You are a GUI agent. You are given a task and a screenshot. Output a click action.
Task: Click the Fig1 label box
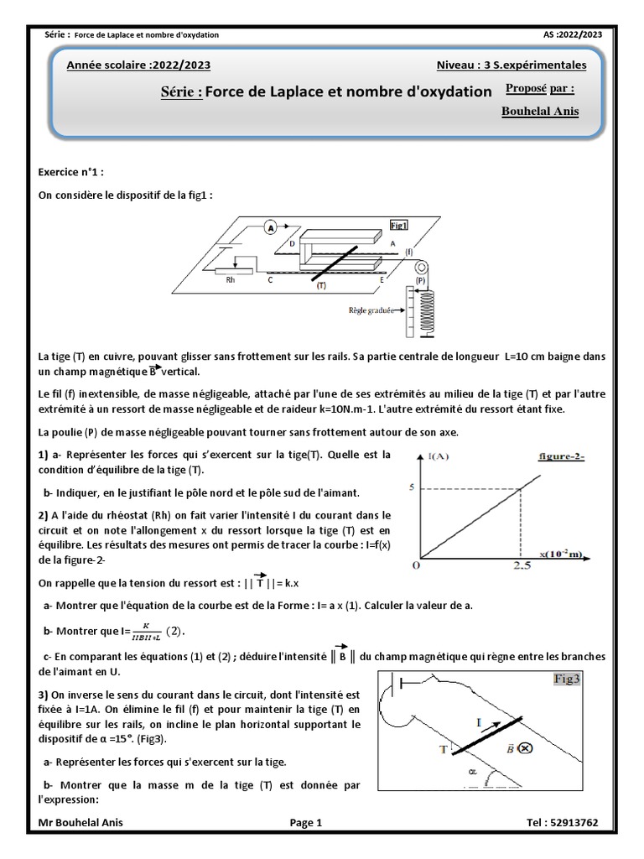click(399, 226)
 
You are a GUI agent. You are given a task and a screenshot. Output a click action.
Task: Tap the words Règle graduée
click(372, 309)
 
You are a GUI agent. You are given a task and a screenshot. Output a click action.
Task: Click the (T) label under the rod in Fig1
click(321, 285)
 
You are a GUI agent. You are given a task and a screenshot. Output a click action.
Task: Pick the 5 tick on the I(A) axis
click(412, 487)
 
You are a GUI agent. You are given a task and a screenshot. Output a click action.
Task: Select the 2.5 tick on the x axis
click(521, 567)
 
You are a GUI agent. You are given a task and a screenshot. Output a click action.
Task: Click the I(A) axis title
click(437, 456)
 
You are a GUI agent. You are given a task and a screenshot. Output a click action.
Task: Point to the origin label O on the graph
click(414, 566)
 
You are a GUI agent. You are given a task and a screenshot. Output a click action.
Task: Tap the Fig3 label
click(566, 679)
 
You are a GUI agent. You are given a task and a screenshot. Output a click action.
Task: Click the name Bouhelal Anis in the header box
click(539, 112)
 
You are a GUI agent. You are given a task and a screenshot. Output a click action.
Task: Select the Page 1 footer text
click(305, 823)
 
